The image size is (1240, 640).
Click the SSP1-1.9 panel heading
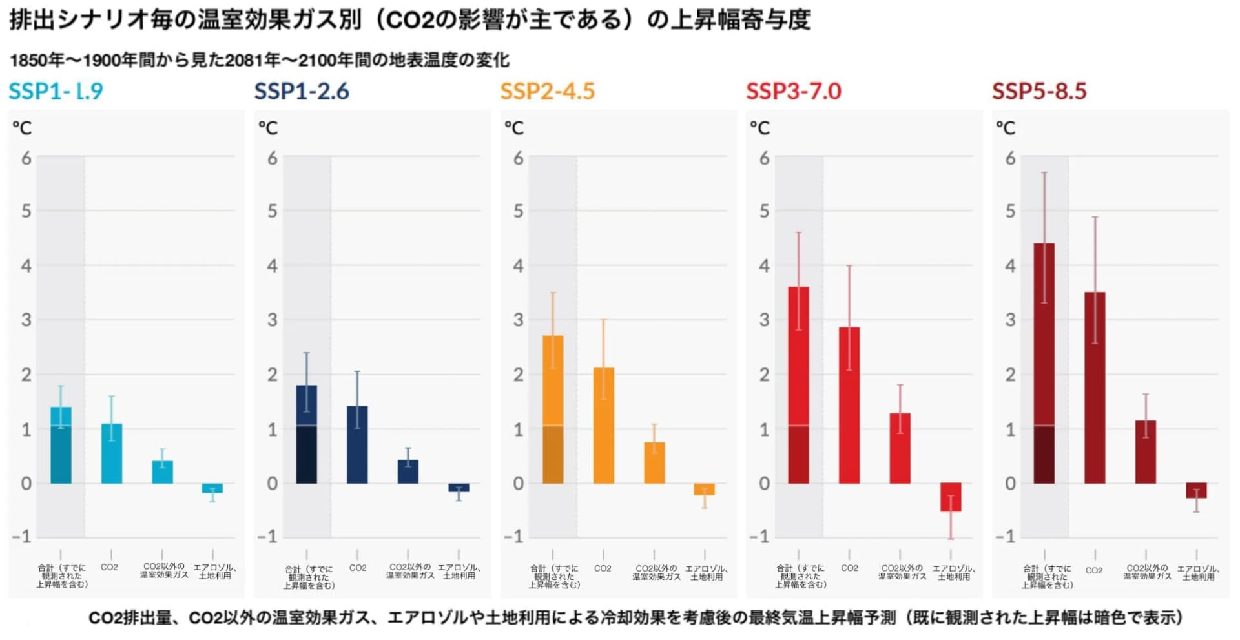[x=56, y=91]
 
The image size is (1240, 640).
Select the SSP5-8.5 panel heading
[x=1039, y=91]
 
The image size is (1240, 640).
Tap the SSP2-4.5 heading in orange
[x=547, y=91]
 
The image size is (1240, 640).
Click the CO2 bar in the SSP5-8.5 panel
[x=1095, y=387]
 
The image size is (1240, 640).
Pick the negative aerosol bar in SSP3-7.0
[x=951, y=497]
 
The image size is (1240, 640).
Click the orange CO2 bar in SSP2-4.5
[x=603, y=426]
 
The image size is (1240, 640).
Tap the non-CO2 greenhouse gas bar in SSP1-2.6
[x=408, y=471]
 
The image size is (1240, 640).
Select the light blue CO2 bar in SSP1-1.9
[x=111, y=453]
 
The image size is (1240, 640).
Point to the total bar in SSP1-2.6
[x=306, y=434]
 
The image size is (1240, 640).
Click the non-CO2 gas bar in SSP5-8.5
[x=1146, y=451]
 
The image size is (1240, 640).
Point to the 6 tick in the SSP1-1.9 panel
[x=26, y=158]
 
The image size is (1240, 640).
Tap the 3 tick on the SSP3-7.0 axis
[x=764, y=320]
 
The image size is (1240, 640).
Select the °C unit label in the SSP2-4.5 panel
[x=514, y=129]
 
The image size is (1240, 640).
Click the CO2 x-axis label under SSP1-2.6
[x=358, y=568]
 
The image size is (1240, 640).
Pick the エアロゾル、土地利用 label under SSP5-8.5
[x=1198, y=573]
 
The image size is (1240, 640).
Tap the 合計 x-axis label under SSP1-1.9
[x=61, y=576]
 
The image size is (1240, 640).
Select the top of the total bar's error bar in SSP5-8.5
[x=1044, y=172]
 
